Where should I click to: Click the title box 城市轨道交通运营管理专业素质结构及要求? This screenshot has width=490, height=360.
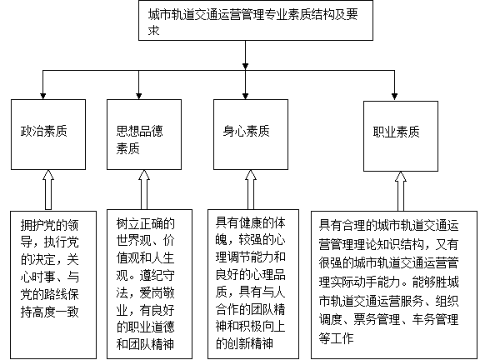(256, 20)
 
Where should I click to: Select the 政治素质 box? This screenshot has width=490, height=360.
(48, 135)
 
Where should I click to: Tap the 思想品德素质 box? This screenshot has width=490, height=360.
(144, 135)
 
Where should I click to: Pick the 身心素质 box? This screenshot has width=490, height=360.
(251, 135)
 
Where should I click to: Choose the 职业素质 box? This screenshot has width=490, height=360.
(401, 136)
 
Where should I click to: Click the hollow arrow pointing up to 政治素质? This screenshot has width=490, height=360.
(48, 190)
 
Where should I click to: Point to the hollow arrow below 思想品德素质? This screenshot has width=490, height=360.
(144, 190)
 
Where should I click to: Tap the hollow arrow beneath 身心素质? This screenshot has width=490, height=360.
(251, 190)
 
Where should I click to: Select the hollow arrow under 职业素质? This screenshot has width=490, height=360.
(401, 191)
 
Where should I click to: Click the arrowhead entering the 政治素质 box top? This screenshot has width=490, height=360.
(43, 97)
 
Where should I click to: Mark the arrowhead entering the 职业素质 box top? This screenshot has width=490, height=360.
(394, 97)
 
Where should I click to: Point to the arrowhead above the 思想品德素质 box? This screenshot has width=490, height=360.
(138, 97)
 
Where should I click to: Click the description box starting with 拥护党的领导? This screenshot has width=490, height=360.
(53, 285)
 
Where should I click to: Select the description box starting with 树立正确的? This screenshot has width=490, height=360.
(149, 284)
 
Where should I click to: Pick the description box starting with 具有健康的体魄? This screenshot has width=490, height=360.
(253, 284)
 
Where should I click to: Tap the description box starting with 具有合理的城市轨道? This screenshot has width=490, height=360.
(394, 285)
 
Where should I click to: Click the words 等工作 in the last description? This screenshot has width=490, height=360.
(337, 338)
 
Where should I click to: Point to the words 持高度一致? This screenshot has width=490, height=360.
(50, 312)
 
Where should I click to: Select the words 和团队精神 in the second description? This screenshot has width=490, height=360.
(145, 344)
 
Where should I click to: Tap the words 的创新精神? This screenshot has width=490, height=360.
(245, 343)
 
